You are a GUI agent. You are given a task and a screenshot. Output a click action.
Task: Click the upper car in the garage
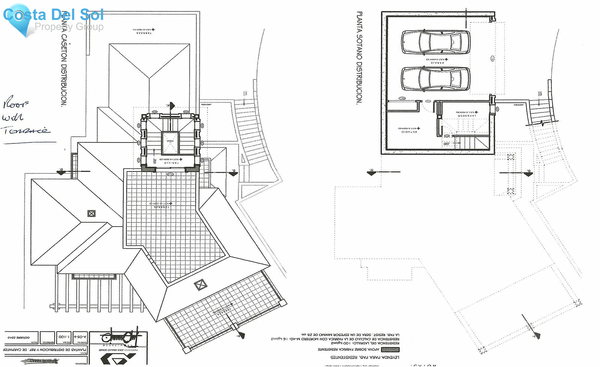(435, 42)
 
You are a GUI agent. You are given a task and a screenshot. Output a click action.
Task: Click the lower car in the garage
(435, 79)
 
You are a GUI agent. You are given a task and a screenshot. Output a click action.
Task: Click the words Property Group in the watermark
(69, 27)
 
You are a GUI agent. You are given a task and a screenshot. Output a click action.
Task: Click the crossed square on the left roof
(91, 214)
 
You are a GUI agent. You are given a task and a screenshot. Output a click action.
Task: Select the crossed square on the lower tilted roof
(200, 285)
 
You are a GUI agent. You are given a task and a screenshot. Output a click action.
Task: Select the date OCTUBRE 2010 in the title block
(19, 337)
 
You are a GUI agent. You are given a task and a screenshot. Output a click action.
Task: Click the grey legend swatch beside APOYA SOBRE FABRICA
(390, 350)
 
